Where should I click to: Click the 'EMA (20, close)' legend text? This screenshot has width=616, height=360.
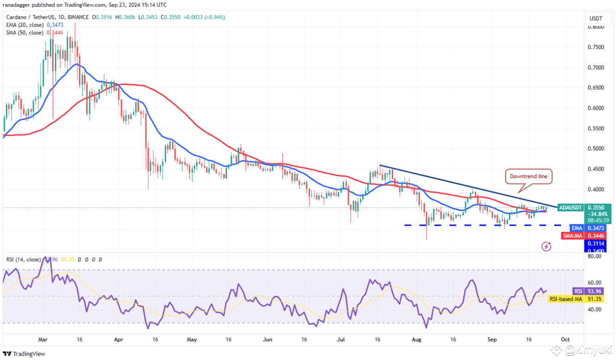24,25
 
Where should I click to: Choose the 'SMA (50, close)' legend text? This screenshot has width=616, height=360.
24,33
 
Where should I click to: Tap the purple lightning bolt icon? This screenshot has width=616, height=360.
546,246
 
